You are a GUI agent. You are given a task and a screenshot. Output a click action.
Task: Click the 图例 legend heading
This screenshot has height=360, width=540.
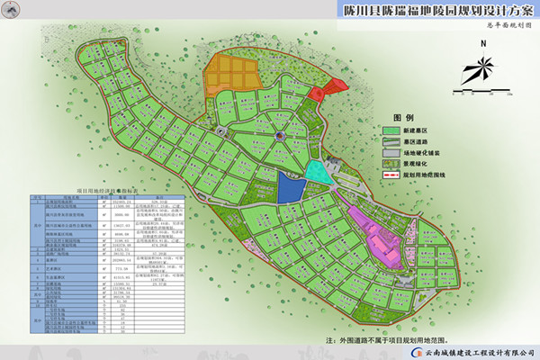[x=402, y=118]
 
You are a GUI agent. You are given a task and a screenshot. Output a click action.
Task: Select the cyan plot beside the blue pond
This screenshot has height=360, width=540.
[x=317, y=172]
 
